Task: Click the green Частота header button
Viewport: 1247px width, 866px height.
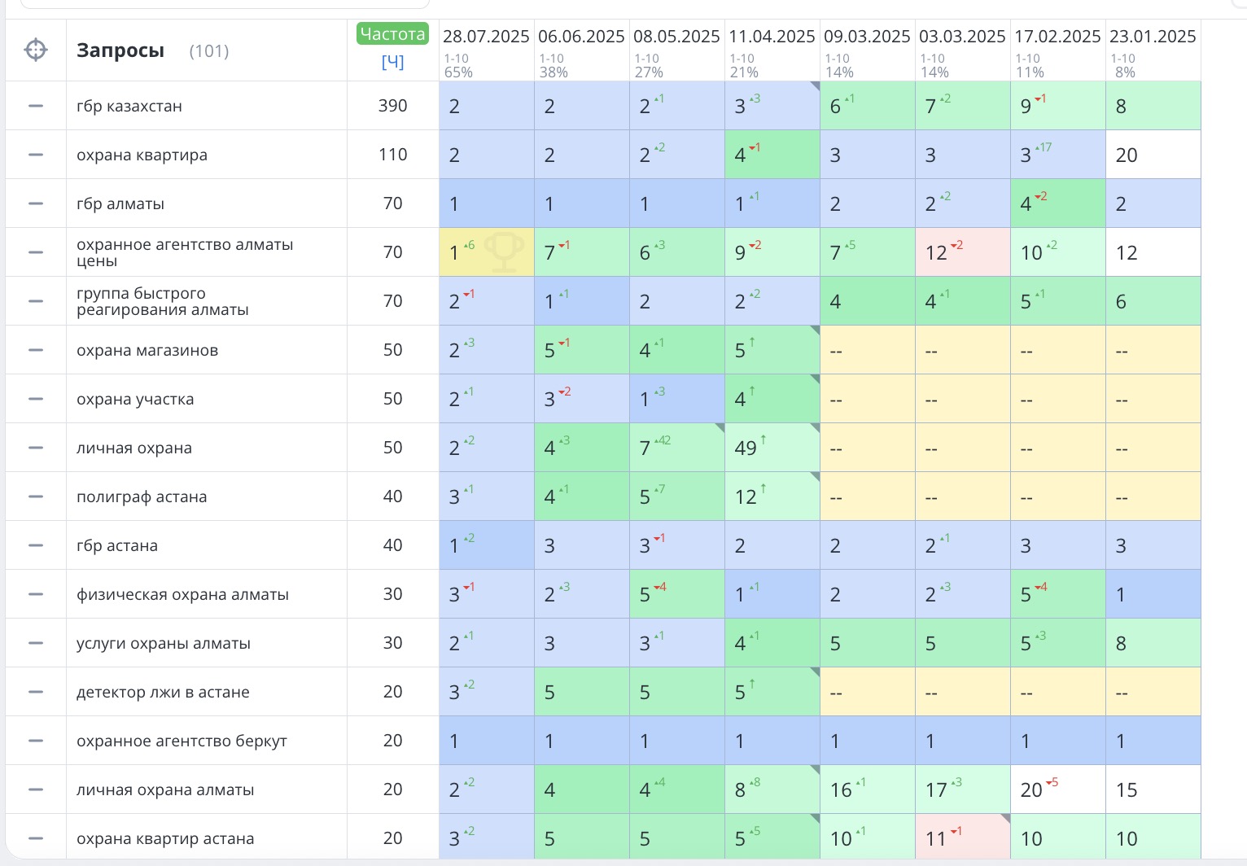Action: (x=392, y=34)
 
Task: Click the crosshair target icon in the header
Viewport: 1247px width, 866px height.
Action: (x=36, y=50)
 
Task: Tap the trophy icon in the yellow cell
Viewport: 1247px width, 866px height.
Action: (x=504, y=251)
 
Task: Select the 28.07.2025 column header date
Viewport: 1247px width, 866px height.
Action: (x=486, y=37)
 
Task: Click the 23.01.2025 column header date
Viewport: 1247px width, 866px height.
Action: (x=1153, y=37)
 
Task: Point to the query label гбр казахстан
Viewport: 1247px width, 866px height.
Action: (x=129, y=106)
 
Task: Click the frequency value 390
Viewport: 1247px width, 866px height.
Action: (x=392, y=106)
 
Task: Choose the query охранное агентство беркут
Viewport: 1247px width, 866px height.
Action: (x=182, y=741)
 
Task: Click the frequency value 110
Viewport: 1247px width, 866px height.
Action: (x=392, y=155)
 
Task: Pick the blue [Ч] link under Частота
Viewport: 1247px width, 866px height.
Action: (x=392, y=62)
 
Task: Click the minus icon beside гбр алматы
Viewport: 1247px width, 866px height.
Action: (x=36, y=203)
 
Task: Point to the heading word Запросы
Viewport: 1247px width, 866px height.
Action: (x=120, y=50)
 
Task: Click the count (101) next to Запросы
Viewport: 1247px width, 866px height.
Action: (x=209, y=51)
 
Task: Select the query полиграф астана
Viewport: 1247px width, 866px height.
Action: (x=142, y=496)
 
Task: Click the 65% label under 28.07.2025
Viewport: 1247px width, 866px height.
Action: (x=458, y=72)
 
